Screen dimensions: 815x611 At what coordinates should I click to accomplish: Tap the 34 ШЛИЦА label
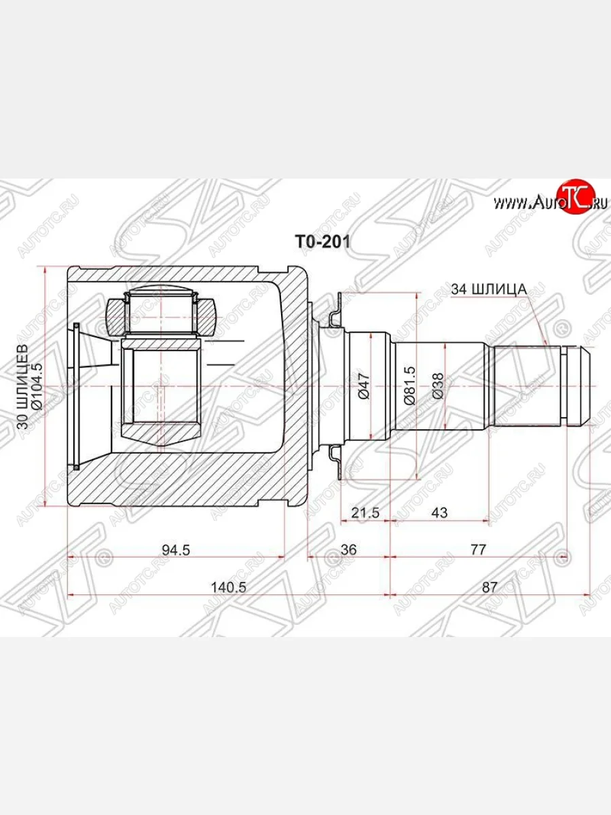click(x=489, y=289)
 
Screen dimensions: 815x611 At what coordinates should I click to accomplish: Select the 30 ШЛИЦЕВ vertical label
click(x=22, y=386)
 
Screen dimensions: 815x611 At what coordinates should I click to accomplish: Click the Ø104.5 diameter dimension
click(x=37, y=386)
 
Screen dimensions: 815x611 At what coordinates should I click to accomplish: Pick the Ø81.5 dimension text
click(x=409, y=386)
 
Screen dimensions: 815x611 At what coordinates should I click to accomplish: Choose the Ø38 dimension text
click(x=438, y=386)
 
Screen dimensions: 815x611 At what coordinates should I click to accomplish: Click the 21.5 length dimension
click(x=365, y=513)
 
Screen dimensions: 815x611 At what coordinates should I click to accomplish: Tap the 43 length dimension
click(x=439, y=513)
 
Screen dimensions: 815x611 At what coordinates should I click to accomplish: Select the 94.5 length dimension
click(x=176, y=550)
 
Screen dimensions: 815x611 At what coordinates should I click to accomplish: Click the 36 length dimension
click(x=348, y=550)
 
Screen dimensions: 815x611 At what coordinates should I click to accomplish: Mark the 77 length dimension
click(x=478, y=550)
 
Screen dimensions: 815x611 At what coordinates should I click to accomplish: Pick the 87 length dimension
click(x=490, y=587)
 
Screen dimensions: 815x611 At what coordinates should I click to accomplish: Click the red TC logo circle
click(x=574, y=198)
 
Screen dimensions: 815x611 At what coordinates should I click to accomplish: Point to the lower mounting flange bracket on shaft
click(x=335, y=458)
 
